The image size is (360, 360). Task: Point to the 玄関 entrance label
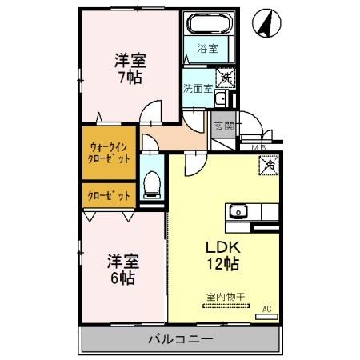(x=223, y=126)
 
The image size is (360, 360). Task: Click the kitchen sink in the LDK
(x=238, y=212)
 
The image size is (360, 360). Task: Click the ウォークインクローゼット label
(x=107, y=152)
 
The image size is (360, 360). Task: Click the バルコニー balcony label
(x=180, y=339)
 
